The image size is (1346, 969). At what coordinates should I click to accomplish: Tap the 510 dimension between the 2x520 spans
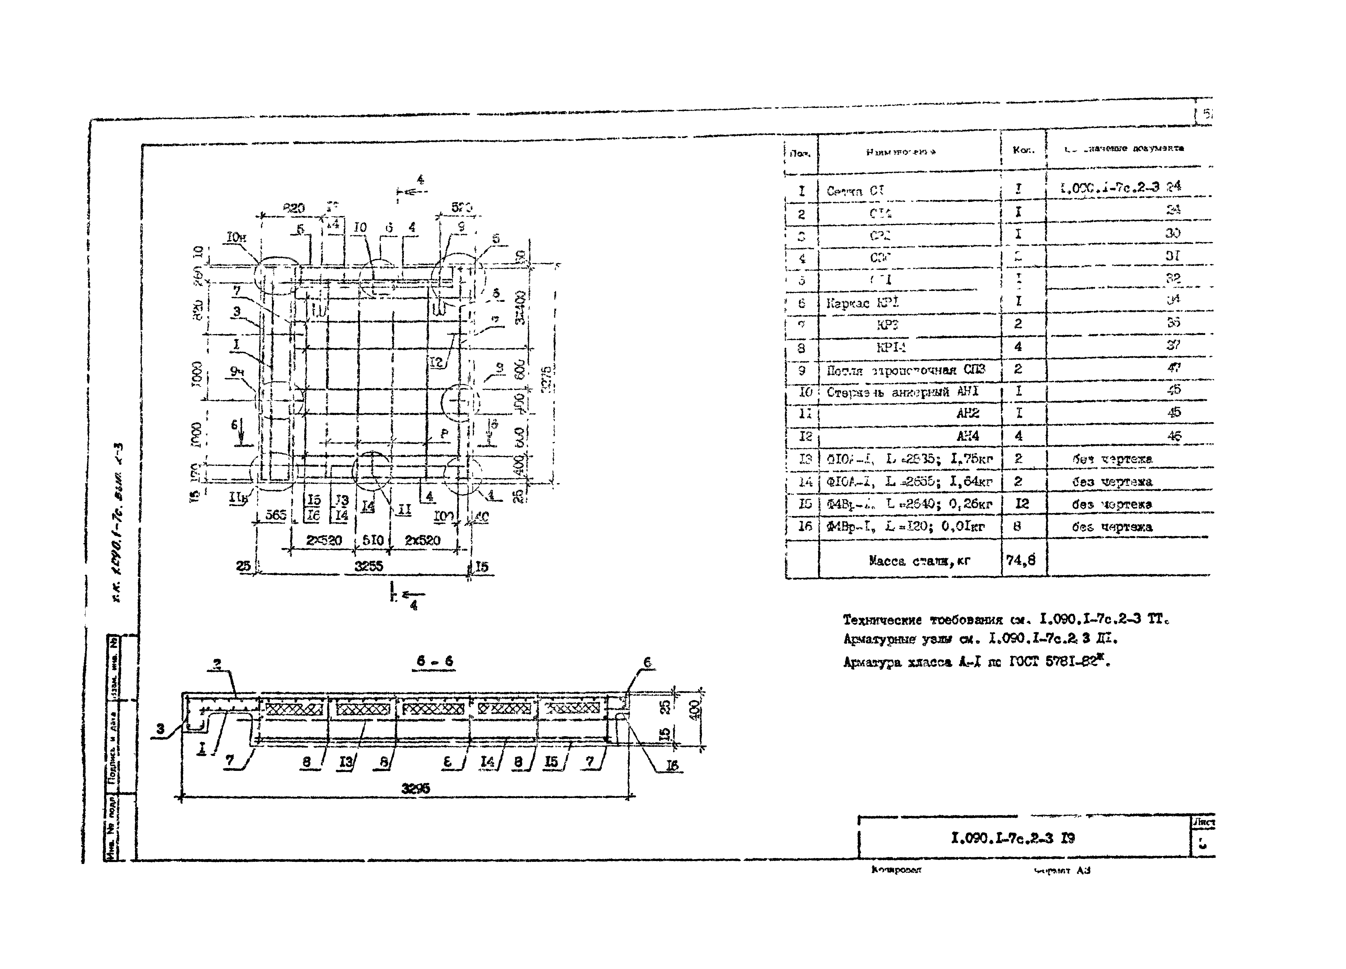[x=373, y=540]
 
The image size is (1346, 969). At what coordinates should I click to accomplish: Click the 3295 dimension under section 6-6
[x=415, y=788]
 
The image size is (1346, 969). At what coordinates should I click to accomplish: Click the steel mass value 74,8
[x=1021, y=559]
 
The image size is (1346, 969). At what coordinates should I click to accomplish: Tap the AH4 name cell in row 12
[x=967, y=436]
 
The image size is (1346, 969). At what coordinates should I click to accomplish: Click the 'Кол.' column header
[x=1023, y=150]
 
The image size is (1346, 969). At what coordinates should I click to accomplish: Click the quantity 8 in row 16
[x=1017, y=526]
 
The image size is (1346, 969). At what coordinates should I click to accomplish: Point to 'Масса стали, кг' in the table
[x=919, y=560]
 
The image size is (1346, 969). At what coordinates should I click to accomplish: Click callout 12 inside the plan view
[x=437, y=362]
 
